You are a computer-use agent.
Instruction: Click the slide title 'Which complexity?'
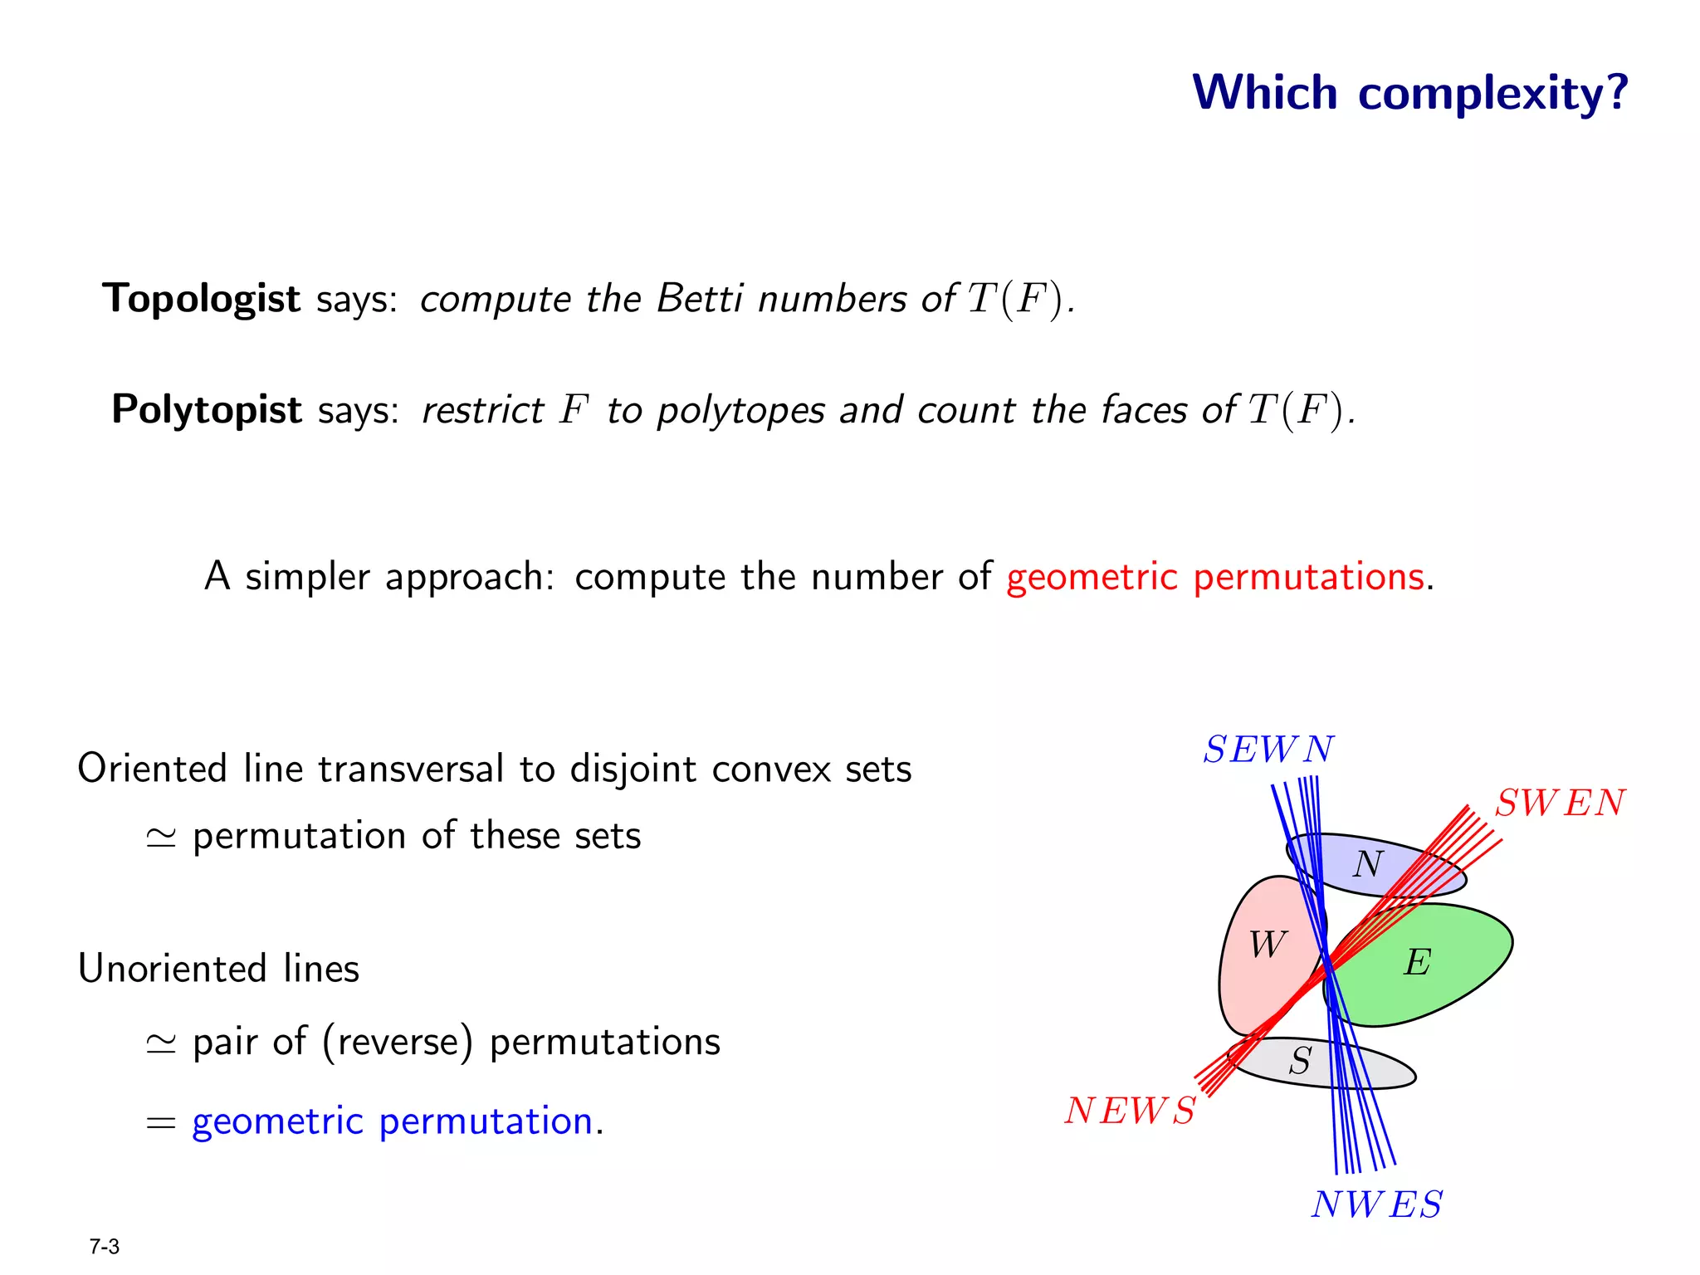[1410, 92]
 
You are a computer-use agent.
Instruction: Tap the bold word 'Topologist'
[201, 299]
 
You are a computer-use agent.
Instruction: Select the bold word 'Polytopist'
[207, 410]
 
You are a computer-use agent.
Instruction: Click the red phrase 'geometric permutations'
[1215, 577]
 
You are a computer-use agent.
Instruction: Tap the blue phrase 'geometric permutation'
[392, 1122]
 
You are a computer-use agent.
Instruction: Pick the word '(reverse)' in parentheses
[398, 1043]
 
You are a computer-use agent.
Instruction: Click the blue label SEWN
[1268, 750]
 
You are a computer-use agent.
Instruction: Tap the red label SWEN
[1560, 803]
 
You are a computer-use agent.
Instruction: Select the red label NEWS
[1131, 1111]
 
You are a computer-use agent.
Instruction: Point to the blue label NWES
[1377, 1204]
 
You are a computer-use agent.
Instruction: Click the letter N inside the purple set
[1367, 865]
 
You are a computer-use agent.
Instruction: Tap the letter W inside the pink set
[1268, 945]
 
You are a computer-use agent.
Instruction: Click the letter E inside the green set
[1417, 963]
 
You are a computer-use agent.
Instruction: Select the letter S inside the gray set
[1300, 1061]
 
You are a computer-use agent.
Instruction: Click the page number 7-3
[105, 1247]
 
